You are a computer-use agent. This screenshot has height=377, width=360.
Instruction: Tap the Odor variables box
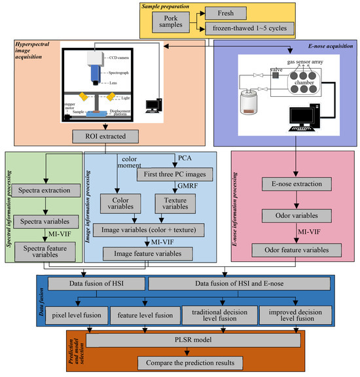pos(288,215)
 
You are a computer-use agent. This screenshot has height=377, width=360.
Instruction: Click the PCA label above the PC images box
pos(185,158)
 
